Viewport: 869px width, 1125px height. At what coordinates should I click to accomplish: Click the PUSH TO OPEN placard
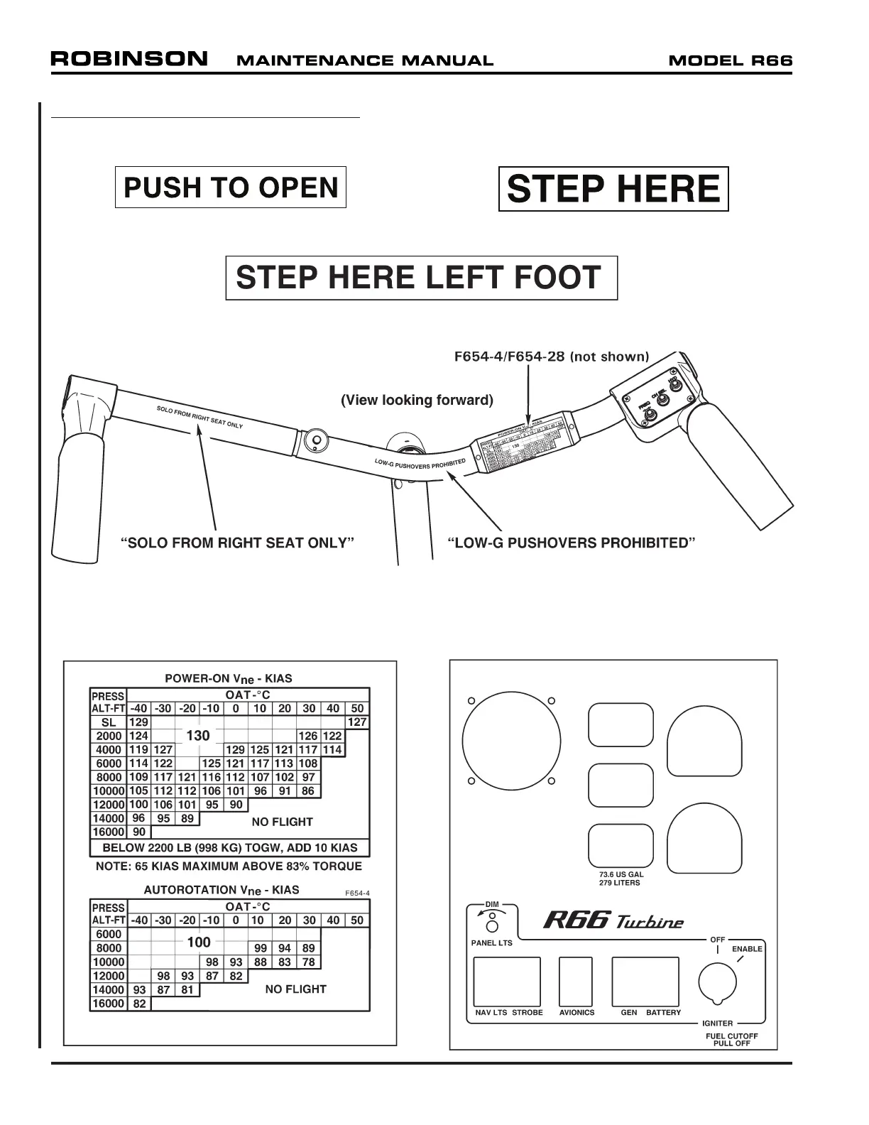coord(231,187)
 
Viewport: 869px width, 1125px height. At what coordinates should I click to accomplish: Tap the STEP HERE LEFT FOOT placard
coord(421,278)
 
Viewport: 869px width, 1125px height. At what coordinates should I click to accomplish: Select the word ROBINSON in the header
coord(129,59)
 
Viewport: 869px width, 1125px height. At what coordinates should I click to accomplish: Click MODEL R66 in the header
coord(731,60)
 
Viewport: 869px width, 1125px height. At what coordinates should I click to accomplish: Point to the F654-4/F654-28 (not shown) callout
coord(552,357)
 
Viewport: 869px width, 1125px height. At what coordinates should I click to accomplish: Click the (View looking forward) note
coord(417,400)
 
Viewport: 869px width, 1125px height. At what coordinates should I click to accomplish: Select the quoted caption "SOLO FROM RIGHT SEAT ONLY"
coord(238,543)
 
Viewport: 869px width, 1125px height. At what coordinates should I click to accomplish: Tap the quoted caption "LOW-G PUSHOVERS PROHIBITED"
coord(571,543)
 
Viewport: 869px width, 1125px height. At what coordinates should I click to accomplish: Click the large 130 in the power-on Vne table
coord(198,736)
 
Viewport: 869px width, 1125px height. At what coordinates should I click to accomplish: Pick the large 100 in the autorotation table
coord(199,942)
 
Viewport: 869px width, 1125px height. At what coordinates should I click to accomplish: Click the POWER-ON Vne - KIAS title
coord(229,678)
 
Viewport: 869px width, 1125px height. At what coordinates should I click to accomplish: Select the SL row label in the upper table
coord(109,722)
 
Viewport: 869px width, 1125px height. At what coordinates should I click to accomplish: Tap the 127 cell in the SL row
coord(357,722)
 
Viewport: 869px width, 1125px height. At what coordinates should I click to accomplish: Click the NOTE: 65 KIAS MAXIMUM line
coord(229,866)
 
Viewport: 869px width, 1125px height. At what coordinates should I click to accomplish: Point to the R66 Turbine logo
coord(613,921)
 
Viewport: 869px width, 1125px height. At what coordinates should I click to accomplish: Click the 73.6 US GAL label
coord(621,874)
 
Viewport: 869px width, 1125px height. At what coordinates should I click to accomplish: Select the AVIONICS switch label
coord(576,1012)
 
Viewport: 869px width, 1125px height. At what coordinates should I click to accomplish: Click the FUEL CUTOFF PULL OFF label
coord(731,1039)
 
